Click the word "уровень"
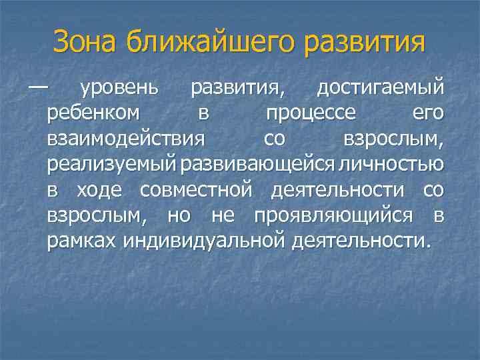point(119,88)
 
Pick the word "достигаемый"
point(380,88)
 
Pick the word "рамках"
point(82,241)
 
